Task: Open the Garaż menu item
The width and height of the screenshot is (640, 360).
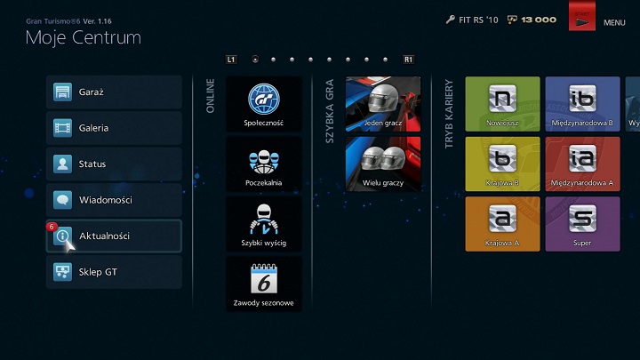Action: click(x=114, y=92)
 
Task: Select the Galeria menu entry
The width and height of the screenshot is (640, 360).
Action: click(x=114, y=128)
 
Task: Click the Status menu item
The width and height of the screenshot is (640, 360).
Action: click(x=114, y=164)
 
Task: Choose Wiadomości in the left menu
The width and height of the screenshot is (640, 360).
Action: click(x=114, y=200)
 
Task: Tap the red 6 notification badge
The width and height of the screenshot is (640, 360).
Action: click(x=52, y=227)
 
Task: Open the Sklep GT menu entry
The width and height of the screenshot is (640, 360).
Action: click(x=114, y=272)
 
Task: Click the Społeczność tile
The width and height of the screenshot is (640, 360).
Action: click(x=263, y=105)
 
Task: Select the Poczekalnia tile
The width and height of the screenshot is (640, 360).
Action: click(x=263, y=164)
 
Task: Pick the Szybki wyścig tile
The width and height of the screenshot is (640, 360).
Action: click(x=263, y=224)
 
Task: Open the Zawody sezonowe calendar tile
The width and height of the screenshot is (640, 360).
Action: click(x=263, y=284)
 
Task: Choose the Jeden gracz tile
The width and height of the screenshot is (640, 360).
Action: click(x=383, y=105)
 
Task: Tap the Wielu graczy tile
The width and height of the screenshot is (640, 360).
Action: click(x=383, y=164)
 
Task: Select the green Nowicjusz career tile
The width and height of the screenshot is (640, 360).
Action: click(x=502, y=104)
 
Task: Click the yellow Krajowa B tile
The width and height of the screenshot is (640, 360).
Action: click(x=502, y=164)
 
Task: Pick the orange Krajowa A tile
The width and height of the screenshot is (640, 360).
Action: click(x=502, y=223)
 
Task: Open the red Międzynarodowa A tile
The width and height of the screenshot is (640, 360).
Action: click(x=582, y=164)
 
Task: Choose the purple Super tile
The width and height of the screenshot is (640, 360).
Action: click(x=582, y=223)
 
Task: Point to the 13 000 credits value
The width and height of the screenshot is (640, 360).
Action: click(x=539, y=20)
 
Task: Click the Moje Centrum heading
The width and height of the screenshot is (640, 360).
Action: click(x=83, y=37)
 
